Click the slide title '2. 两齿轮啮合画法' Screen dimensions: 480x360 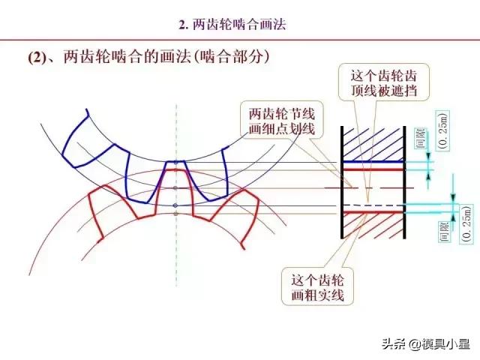tap(232, 25)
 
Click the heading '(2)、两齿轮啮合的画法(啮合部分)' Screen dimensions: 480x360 tap(149, 57)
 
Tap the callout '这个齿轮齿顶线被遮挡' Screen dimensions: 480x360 tap(384, 83)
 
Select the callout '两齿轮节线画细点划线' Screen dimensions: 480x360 tap(282, 121)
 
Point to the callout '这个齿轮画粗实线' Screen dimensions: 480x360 tap(317, 286)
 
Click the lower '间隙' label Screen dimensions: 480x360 tap(445, 232)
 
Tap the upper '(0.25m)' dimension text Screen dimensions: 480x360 tap(443, 131)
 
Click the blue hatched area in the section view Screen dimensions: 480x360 tap(373, 143)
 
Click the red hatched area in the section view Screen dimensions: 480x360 tap(373, 226)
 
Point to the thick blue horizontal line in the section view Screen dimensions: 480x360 tap(373, 162)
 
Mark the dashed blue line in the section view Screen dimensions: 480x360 tap(373, 205)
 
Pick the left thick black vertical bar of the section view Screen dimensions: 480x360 tap(342, 182)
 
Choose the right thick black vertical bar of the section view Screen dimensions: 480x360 tap(405, 182)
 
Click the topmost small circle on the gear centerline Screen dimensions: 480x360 tap(175, 163)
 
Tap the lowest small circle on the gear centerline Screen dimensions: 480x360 tap(175, 214)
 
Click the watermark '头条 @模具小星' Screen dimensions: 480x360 tap(426, 343)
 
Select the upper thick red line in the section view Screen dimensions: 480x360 tap(373, 169)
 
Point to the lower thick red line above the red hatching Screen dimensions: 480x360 tap(373, 211)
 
